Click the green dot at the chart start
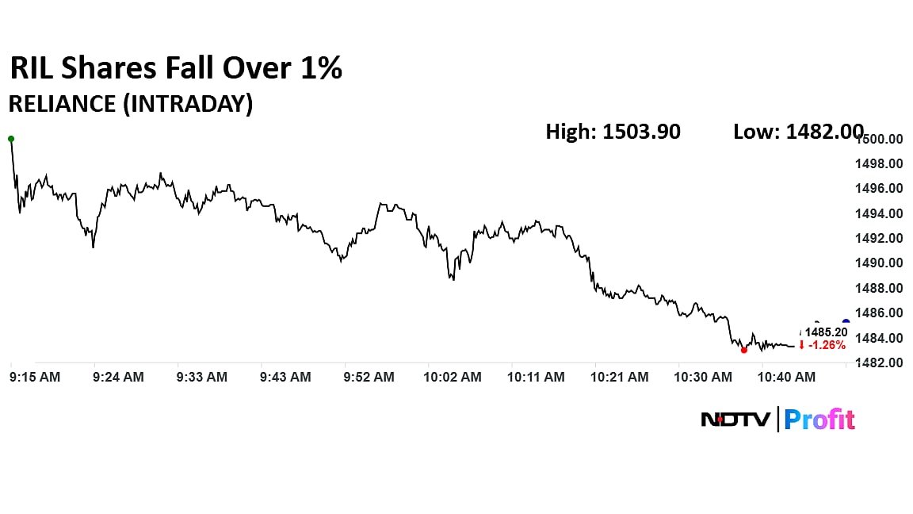click(11, 139)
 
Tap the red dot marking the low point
click(743, 350)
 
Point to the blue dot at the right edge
click(846, 322)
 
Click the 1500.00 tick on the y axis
click(883, 140)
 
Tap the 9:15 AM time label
click(35, 378)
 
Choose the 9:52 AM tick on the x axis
click(369, 378)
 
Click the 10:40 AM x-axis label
click(787, 378)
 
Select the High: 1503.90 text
click(613, 132)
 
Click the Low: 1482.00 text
click(798, 132)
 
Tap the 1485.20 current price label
click(827, 332)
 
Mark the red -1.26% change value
click(827, 345)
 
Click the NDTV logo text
click(735, 420)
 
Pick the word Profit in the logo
click(819, 420)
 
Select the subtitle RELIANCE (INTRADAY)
click(130, 105)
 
